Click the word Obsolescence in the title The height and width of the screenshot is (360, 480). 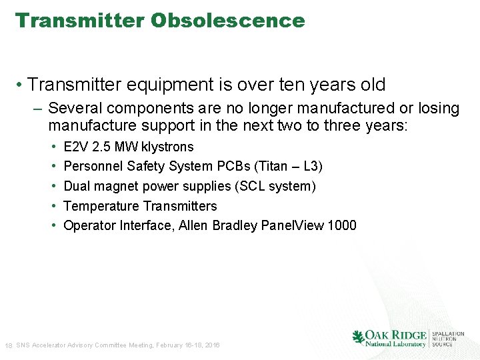(227, 21)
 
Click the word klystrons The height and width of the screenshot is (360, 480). (167, 147)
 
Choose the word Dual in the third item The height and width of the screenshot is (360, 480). (76, 186)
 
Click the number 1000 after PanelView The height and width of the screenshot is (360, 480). (342, 225)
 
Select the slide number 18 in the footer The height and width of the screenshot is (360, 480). (8, 345)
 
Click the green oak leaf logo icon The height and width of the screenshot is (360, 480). (359, 337)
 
